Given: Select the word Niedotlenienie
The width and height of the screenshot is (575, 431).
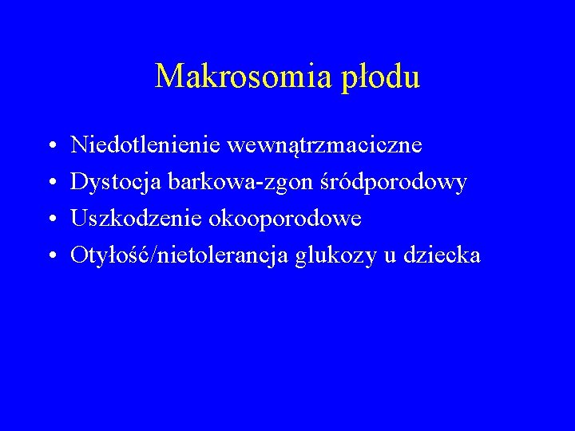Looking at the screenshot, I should coord(145,145).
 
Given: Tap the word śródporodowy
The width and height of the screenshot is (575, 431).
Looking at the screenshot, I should coord(405,183).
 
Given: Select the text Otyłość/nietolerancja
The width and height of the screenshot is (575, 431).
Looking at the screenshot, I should coord(180,255).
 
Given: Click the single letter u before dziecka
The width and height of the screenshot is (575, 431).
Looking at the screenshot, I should coord(390,256).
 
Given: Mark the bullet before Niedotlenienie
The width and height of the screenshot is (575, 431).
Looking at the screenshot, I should coord(50,147).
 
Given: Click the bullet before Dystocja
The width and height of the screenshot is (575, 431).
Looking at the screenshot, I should coord(50,184).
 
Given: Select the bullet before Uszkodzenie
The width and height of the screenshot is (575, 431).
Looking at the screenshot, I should coord(50,219).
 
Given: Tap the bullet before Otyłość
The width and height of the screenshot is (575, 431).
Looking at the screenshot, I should coord(50,256).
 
